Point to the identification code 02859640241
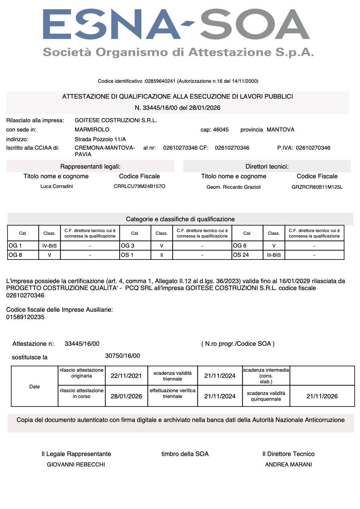click(160, 81)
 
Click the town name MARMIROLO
click(92, 130)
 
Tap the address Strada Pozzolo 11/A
click(100, 139)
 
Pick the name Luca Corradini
click(57, 186)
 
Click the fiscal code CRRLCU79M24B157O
click(139, 186)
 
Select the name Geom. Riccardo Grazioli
click(233, 187)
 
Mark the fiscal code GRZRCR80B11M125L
click(317, 187)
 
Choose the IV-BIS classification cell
click(50, 246)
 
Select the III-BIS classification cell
click(274, 255)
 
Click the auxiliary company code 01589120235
click(25, 317)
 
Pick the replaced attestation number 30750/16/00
click(123, 356)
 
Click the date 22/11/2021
click(126, 376)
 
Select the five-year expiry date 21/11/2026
click(322, 396)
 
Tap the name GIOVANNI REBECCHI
click(76, 465)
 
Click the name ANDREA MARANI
click(288, 465)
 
